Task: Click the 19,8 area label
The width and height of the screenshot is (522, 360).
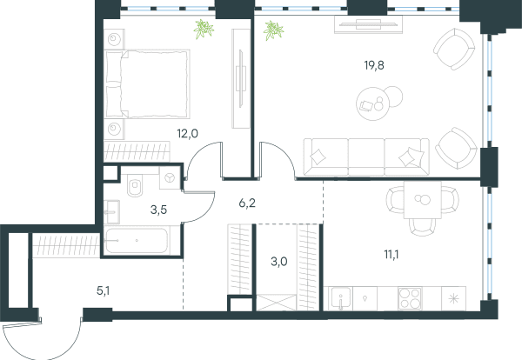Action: coord(374,65)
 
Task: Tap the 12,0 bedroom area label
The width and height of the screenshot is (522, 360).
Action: coord(187,134)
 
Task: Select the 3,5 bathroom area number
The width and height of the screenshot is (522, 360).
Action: coord(158,210)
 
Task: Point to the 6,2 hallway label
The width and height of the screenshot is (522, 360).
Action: coord(247,203)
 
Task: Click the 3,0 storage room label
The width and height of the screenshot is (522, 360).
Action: coord(279,262)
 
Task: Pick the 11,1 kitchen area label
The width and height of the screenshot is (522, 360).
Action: coord(391,255)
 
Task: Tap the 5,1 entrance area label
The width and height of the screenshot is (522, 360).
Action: coord(103,291)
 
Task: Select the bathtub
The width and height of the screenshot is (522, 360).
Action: coord(137,240)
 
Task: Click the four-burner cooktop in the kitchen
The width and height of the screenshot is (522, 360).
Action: coord(410,298)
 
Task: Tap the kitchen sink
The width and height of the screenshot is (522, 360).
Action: coord(340,298)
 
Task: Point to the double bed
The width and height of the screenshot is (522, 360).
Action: coord(147,84)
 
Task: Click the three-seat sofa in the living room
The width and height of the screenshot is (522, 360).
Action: coord(366,157)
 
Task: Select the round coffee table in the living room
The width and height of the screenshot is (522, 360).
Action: coord(373,103)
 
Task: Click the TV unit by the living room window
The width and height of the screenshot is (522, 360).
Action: coord(368,24)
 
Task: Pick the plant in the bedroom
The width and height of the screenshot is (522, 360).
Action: coord(204,29)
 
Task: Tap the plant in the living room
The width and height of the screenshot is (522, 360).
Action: coord(273,30)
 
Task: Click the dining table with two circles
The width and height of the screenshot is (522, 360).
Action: coord(423,200)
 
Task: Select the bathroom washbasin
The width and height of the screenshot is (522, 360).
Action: coord(111,212)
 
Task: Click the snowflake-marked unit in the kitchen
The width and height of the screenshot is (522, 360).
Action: coord(453,298)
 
